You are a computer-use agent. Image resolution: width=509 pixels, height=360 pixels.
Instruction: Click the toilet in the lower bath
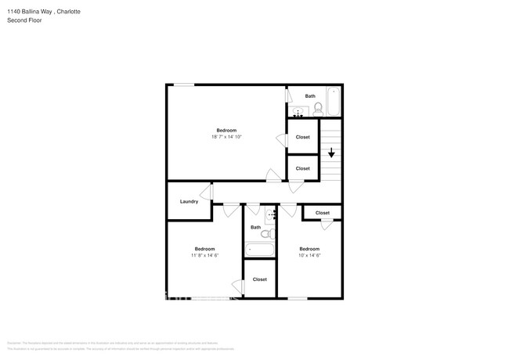(x=267, y=234)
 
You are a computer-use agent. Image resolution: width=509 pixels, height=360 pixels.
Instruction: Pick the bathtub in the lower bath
(x=260, y=250)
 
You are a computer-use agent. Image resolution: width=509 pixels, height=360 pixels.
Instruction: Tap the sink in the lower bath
(x=271, y=214)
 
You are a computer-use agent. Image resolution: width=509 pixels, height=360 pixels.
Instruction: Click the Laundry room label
(x=189, y=201)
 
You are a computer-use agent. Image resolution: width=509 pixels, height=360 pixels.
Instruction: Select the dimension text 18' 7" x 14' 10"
(x=226, y=137)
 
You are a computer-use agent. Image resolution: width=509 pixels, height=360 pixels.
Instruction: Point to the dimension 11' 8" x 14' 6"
(x=204, y=255)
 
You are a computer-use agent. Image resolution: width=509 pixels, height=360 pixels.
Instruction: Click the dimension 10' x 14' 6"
(x=310, y=255)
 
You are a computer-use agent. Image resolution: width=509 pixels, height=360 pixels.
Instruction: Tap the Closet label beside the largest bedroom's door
(x=302, y=137)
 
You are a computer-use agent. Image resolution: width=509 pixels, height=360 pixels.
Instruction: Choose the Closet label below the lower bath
(x=259, y=279)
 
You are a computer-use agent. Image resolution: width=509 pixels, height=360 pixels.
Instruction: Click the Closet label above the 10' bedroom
(x=322, y=213)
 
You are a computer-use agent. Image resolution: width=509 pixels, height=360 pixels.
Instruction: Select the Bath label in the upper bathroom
(x=310, y=96)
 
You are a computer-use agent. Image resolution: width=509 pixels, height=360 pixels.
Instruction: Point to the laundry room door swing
(x=207, y=193)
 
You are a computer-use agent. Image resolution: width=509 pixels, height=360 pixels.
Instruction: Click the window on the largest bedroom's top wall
(x=184, y=85)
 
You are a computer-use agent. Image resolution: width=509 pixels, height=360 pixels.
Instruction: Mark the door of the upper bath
(x=288, y=96)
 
